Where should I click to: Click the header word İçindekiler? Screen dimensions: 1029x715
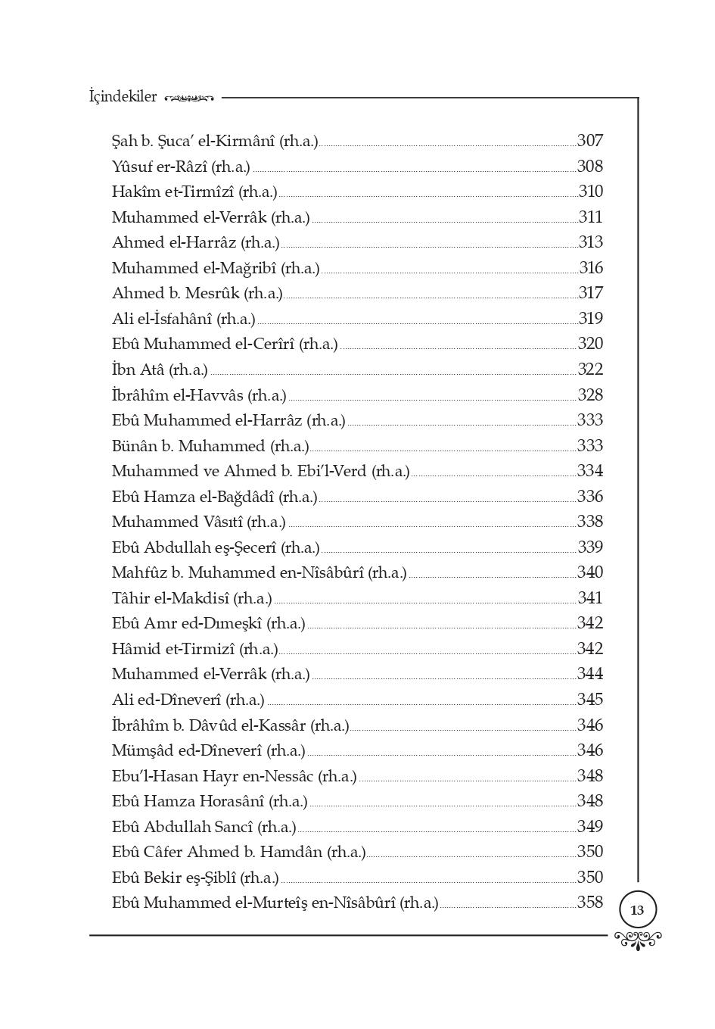pos(123,97)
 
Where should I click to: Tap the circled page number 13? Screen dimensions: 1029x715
pos(637,909)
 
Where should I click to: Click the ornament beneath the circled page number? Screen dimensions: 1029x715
pos(638,940)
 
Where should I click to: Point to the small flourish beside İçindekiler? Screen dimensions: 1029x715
pos(189,98)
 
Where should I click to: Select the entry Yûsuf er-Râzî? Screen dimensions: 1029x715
pos(181,167)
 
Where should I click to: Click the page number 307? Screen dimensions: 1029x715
pos(590,141)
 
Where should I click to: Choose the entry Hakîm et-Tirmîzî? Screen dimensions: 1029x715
pos(194,192)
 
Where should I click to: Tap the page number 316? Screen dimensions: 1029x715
pos(591,268)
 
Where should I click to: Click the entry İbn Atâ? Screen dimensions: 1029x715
pos(160,370)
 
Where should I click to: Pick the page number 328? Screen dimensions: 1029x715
pos(590,395)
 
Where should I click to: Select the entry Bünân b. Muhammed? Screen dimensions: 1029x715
pos(210,446)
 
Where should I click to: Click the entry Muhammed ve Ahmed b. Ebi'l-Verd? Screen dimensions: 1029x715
pos(260,471)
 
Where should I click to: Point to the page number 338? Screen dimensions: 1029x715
pos(590,522)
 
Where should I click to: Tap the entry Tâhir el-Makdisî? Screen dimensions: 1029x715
pos(191,598)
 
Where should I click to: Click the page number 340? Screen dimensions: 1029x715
pos(590,572)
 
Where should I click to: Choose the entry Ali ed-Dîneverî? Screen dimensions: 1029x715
pos(188,700)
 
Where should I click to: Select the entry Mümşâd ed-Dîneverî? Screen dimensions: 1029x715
pos(208,750)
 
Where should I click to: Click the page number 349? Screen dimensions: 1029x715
pos(590,827)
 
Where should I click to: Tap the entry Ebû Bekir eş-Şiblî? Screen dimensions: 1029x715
pos(195,878)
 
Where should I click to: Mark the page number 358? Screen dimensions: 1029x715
pos(590,903)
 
